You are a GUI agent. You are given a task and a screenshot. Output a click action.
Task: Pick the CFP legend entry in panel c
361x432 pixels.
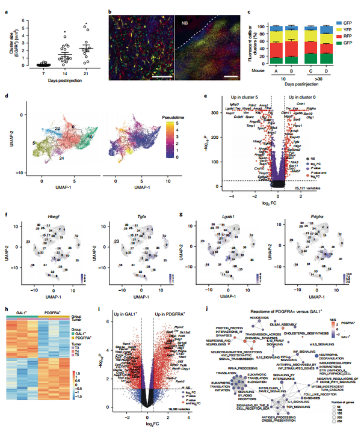[x=339, y=21]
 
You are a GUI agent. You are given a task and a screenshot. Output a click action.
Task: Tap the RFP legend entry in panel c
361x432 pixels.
[x=339, y=36]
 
